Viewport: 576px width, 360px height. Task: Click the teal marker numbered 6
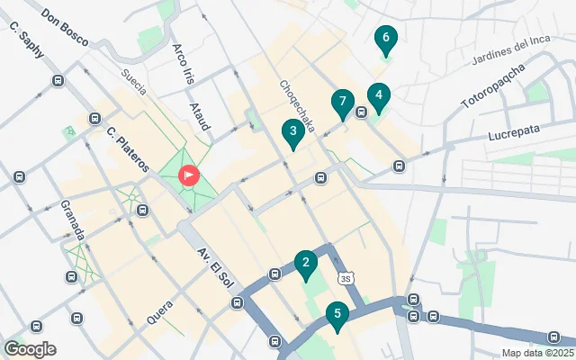pyautogui.click(x=385, y=40)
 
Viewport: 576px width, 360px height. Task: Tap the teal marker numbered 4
pyautogui.click(x=379, y=96)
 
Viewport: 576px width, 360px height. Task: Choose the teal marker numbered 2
pyautogui.click(x=306, y=265)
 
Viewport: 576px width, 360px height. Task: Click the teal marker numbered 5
pyautogui.click(x=337, y=316)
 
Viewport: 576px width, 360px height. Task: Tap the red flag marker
pyautogui.click(x=189, y=175)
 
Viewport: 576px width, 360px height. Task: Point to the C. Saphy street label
pyautogui.click(x=26, y=40)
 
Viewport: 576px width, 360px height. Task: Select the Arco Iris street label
pyautogui.click(x=183, y=60)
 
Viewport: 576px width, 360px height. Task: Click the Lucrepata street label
pyautogui.click(x=516, y=131)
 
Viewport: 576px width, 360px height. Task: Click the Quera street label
pyautogui.click(x=159, y=311)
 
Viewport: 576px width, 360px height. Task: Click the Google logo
pyautogui.click(x=30, y=349)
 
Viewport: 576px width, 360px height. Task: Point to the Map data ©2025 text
pyautogui.click(x=537, y=353)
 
